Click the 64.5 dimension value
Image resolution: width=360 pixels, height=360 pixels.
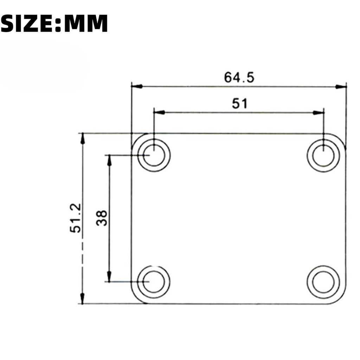point(239,77)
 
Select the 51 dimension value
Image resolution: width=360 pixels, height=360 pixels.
point(240,103)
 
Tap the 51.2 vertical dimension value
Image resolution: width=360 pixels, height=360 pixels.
point(76,218)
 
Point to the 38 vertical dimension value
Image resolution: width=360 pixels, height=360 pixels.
point(102,218)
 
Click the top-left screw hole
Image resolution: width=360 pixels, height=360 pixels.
point(154,155)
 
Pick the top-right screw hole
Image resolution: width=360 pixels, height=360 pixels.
point(323,155)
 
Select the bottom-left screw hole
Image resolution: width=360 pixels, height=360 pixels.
point(154,282)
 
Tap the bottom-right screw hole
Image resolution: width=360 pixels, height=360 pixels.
point(323,282)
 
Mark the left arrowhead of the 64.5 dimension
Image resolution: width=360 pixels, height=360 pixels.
point(137,86)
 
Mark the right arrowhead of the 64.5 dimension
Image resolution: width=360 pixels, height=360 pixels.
point(341,86)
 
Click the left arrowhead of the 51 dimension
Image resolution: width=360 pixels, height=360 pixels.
point(160,112)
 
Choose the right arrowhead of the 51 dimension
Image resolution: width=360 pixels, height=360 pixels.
point(318,112)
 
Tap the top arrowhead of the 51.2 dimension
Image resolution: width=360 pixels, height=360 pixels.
point(82,139)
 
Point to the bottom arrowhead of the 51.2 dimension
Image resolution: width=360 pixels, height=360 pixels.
point(82,298)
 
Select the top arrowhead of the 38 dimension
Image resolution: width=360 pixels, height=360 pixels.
point(109,160)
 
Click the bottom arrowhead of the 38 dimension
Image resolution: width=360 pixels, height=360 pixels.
point(109,277)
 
